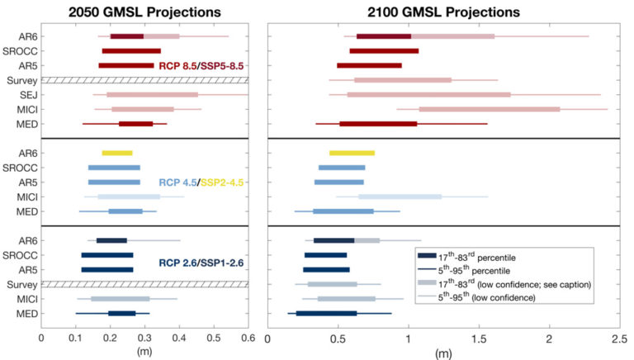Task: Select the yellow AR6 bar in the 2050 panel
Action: [x=116, y=153]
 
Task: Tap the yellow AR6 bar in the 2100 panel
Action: [x=352, y=153]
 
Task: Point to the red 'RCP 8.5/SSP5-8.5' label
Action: [x=203, y=65]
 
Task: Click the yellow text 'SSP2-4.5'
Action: [x=224, y=182]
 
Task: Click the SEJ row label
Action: [x=25, y=95]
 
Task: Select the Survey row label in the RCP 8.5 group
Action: [x=20, y=80]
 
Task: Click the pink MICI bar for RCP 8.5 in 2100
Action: [x=489, y=109]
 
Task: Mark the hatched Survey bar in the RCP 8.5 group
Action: [x=145, y=80]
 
